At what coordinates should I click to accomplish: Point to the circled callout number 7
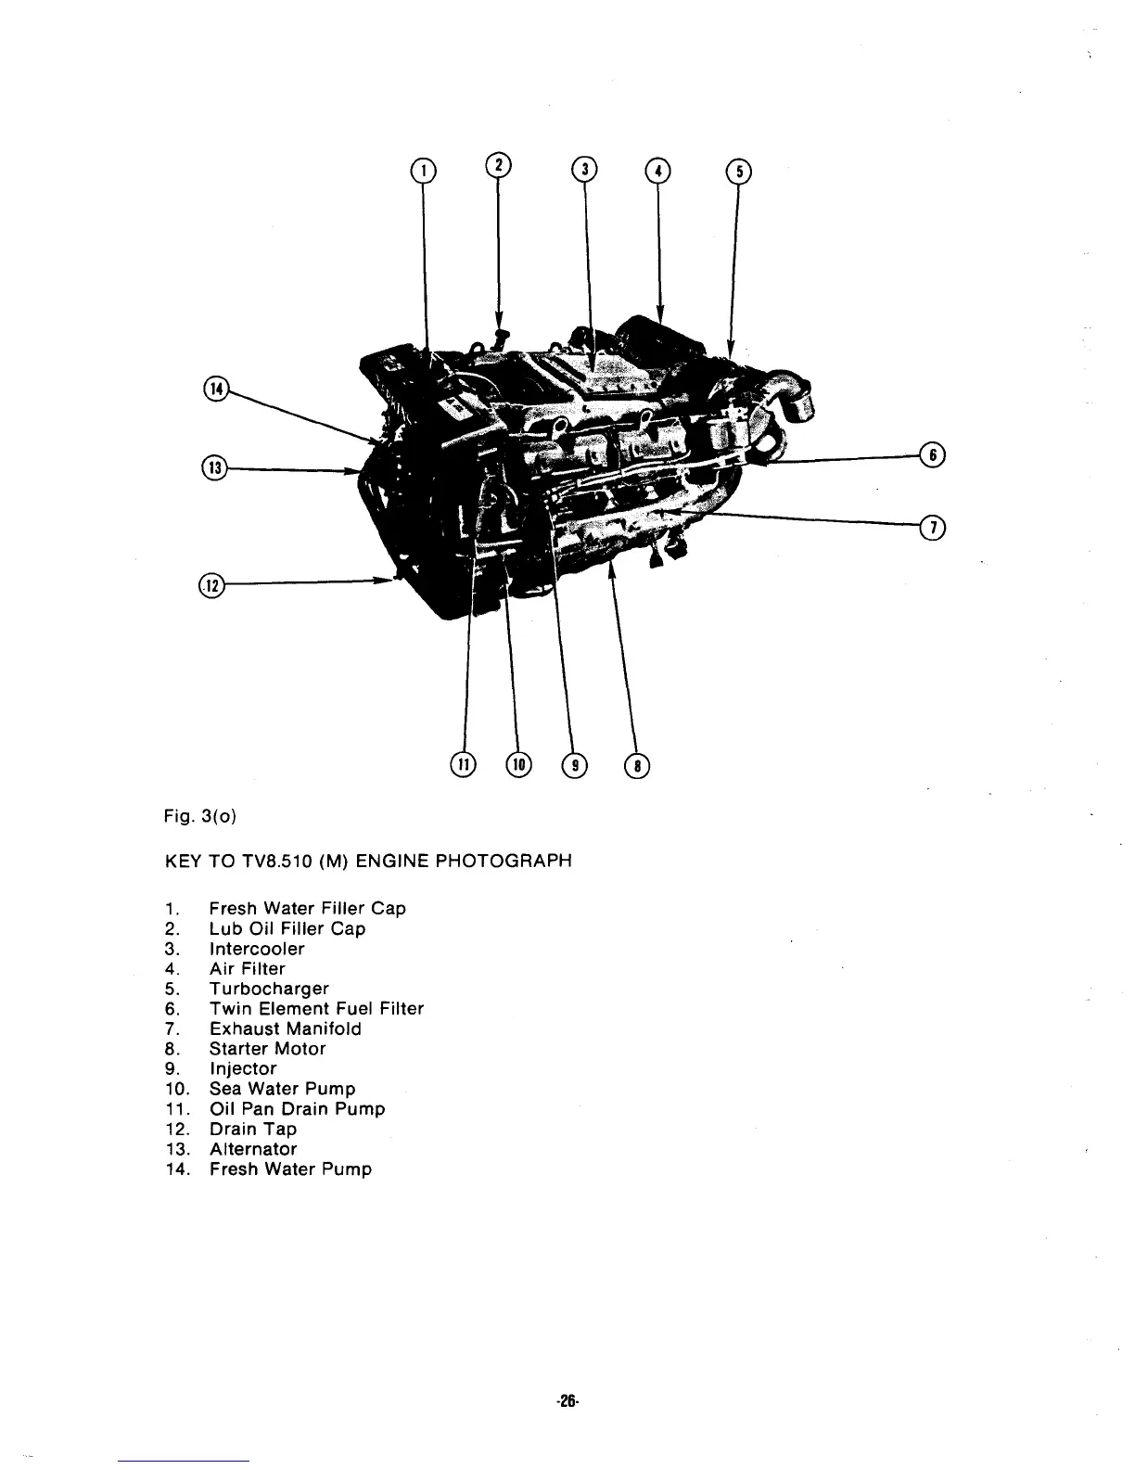pyautogui.click(x=930, y=528)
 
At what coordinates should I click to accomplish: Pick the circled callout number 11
pyautogui.click(x=461, y=764)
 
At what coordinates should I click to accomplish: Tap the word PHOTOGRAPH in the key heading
pyautogui.click(x=504, y=861)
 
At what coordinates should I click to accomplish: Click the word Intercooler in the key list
pyautogui.click(x=257, y=949)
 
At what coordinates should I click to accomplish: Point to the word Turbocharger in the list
pyautogui.click(x=269, y=989)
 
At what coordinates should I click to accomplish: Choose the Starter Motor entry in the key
pyautogui.click(x=267, y=1049)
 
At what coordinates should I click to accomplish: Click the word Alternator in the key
pyautogui.click(x=252, y=1149)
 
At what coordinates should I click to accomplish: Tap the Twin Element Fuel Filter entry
pyautogui.click(x=316, y=1009)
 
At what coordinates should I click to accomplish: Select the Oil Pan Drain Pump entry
pyautogui.click(x=297, y=1109)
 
